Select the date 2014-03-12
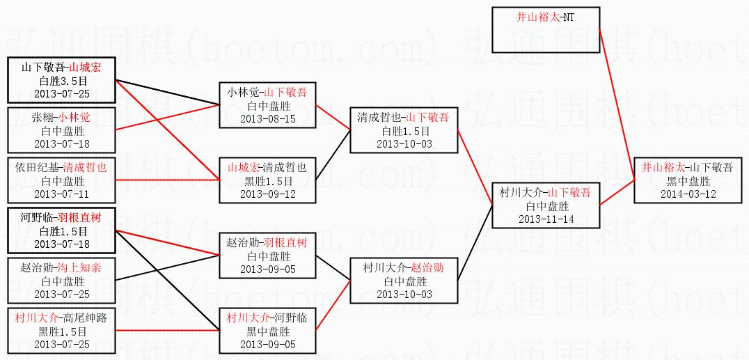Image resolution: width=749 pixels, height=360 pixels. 688,194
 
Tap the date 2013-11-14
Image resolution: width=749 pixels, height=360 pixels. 546,219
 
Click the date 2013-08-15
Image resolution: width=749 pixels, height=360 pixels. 267,118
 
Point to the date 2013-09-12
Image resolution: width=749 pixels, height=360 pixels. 267,194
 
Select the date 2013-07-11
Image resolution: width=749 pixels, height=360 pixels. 62,194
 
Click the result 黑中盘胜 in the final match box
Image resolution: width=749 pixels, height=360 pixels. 688,181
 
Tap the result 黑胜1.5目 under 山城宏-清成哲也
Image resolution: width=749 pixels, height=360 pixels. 267,181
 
